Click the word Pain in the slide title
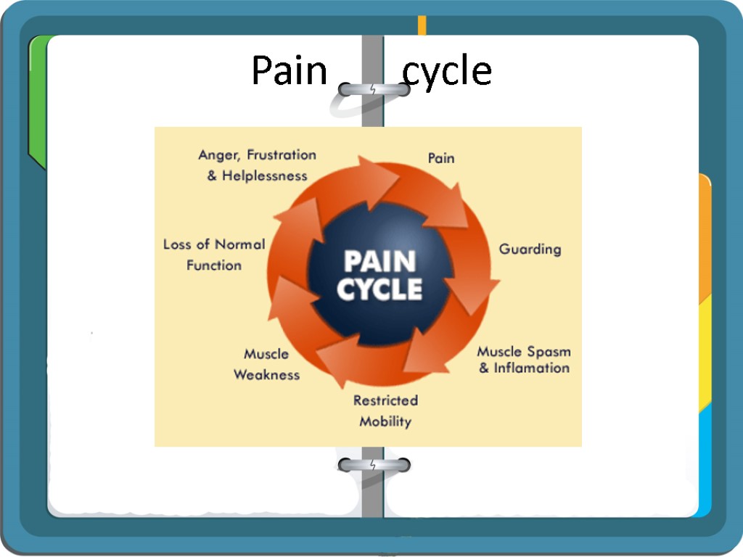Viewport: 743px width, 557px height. coord(289,72)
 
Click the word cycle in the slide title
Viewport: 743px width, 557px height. coord(447,72)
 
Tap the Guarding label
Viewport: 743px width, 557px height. coord(530,249)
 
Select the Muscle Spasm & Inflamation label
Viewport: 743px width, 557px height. coord(523,360)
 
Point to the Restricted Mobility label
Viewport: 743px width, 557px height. coord(385,410)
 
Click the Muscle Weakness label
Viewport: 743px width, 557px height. coord(266,364)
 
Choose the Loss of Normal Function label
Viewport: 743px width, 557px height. coord(214,255)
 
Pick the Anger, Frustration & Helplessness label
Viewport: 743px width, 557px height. coord(258,165)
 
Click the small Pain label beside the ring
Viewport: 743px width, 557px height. coord(441,157)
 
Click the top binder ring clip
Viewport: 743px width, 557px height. coord(373,90)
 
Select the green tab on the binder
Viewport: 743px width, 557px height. coord(38,102)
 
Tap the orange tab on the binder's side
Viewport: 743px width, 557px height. coord(705,239)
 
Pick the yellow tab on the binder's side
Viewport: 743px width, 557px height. coord(705,355)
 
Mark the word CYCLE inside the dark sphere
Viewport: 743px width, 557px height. coord(379,289)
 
